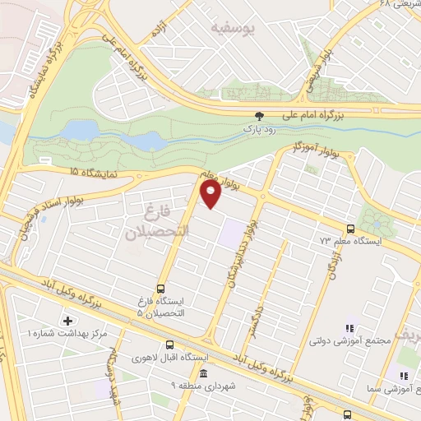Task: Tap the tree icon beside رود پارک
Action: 260,116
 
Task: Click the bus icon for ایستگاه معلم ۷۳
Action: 351,229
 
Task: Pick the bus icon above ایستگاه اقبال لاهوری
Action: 169,345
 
